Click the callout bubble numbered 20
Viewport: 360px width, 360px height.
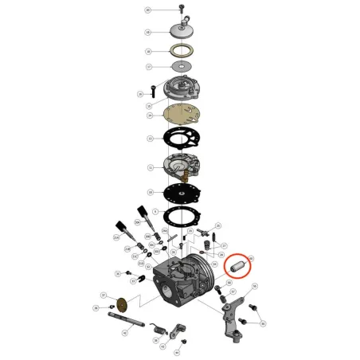147,10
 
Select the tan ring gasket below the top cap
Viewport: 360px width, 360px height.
182,53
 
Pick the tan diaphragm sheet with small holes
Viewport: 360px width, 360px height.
182,116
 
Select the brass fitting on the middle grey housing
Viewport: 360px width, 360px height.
190,173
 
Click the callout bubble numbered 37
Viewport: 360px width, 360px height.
104,295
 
